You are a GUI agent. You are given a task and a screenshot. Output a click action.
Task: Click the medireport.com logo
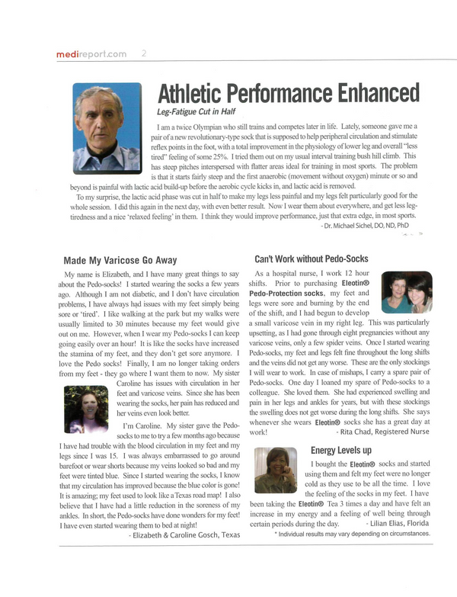91,54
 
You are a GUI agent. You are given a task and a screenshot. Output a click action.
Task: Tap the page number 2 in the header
145,53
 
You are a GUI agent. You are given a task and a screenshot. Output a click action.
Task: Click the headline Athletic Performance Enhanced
288,94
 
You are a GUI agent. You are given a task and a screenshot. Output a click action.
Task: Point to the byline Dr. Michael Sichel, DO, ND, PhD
369,226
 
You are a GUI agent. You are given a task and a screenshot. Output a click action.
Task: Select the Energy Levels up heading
340,450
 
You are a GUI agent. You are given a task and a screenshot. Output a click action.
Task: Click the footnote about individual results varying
352,534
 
